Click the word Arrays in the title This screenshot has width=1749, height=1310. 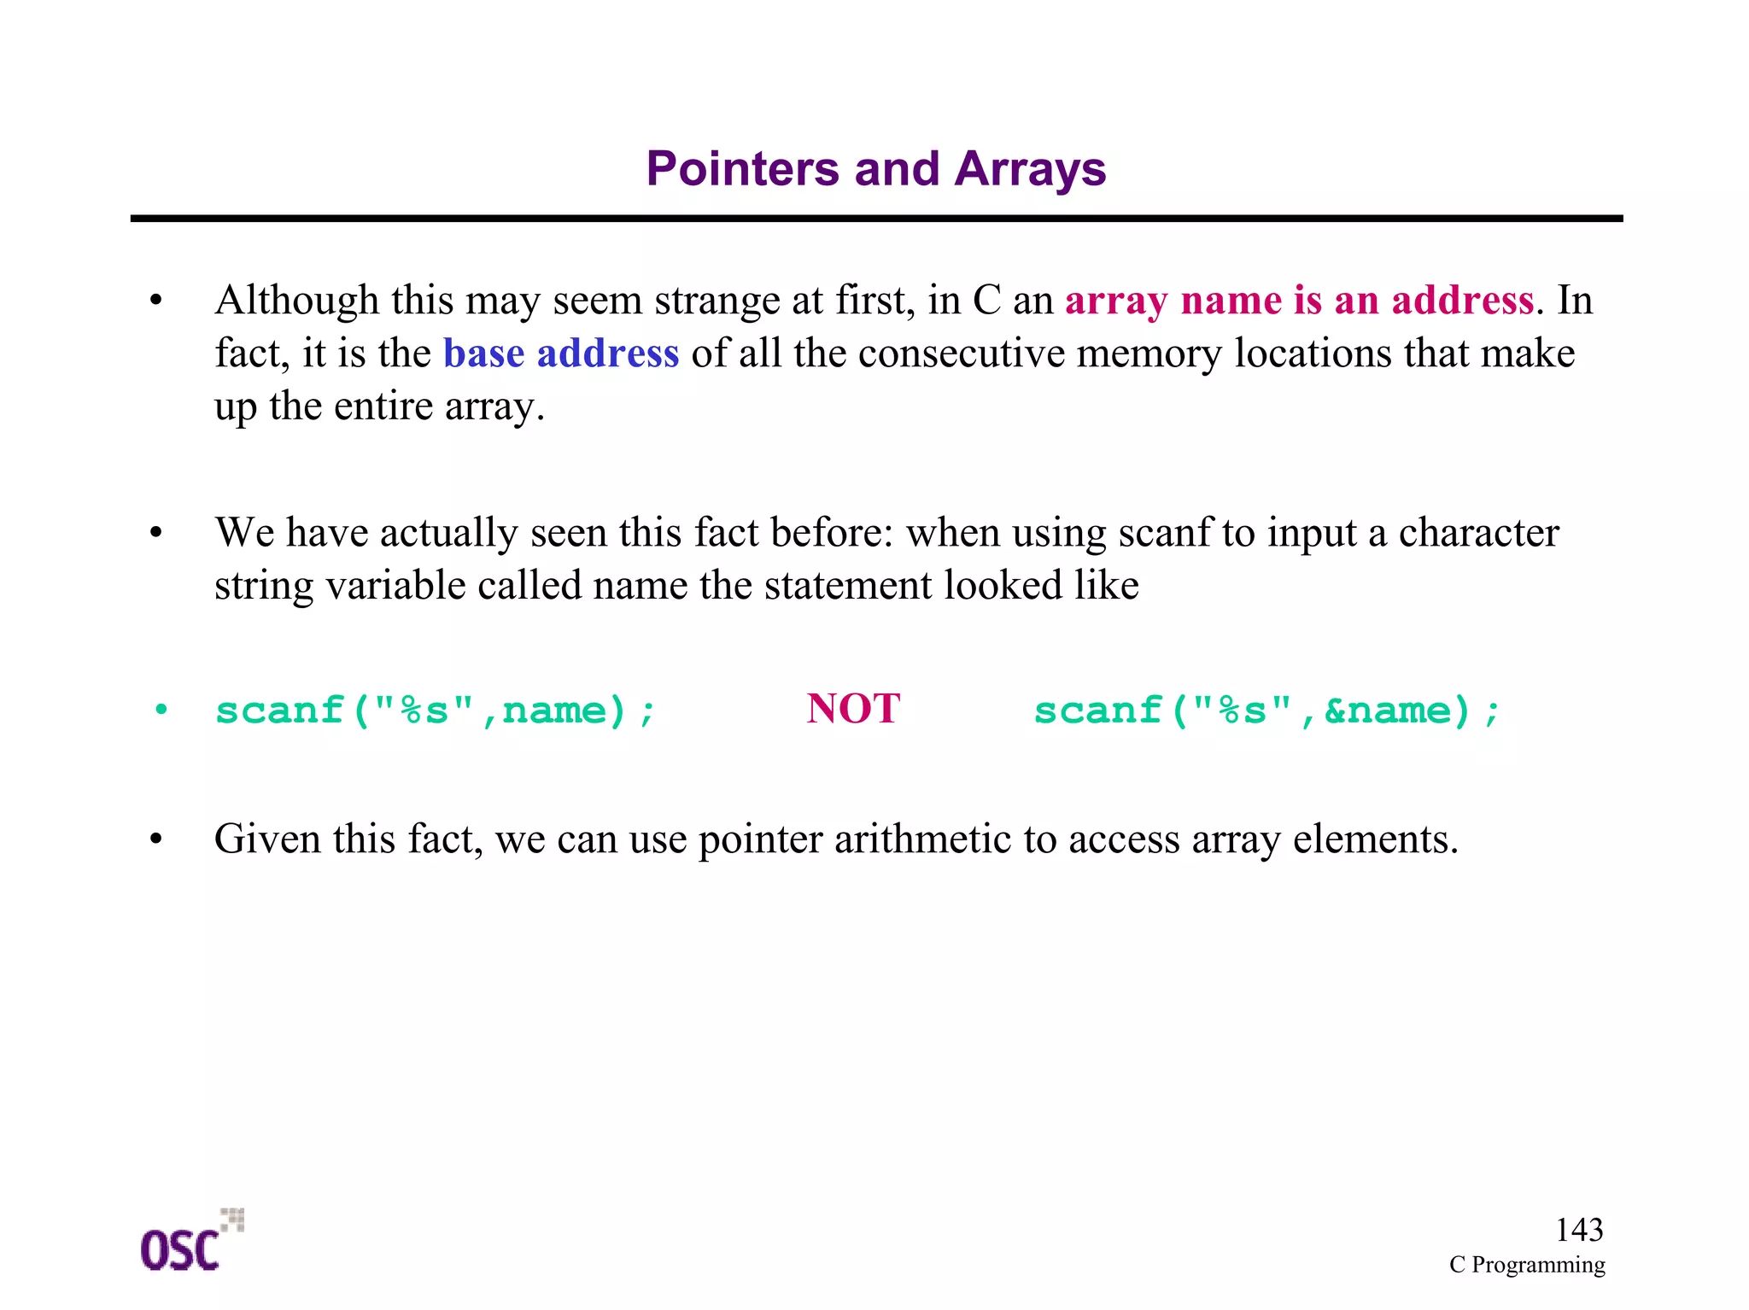pos(1030,169)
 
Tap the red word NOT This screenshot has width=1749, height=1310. pos(852,709)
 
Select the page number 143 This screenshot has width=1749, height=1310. pos(1578,1230)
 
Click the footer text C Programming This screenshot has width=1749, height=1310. pos(1526,1265)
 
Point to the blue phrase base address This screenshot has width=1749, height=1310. pos(560,354)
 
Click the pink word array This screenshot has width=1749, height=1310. pos(1115,301)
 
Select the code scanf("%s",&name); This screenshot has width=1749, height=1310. pos(1266,711)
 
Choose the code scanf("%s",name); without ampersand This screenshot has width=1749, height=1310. pos(435,711)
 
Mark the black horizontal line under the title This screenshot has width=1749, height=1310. pos(876,219)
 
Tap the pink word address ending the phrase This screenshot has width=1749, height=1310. pos(1462,301)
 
